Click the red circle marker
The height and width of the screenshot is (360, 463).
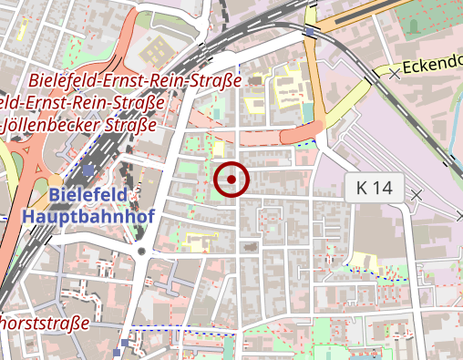click(231, 180)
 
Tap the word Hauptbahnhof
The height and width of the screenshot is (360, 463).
click(87, 218)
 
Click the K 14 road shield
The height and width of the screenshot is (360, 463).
click(375, 189)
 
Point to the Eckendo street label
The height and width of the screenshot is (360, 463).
click(434, 67)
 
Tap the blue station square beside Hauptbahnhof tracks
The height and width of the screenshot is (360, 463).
click(88, 170)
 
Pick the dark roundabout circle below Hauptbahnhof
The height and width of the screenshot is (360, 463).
click(141, 251)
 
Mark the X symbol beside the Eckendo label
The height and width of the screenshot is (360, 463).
click(394, 73)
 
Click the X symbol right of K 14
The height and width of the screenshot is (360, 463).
click(417, 194)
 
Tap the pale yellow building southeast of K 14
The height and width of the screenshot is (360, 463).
click(365, 262)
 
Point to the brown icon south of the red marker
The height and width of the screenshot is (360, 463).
click(248, 246)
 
